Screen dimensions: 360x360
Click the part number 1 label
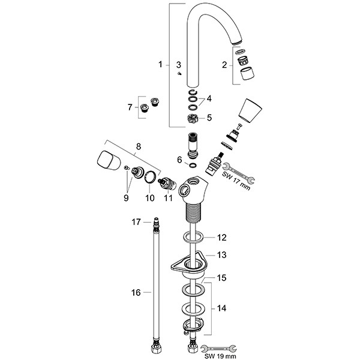160,64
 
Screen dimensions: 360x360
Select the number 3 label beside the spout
178,64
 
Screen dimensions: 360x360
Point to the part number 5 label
209,118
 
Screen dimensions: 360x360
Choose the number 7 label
129,108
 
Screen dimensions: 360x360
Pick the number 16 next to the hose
136,292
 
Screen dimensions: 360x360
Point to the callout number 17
136,222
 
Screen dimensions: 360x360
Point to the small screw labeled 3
179,74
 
